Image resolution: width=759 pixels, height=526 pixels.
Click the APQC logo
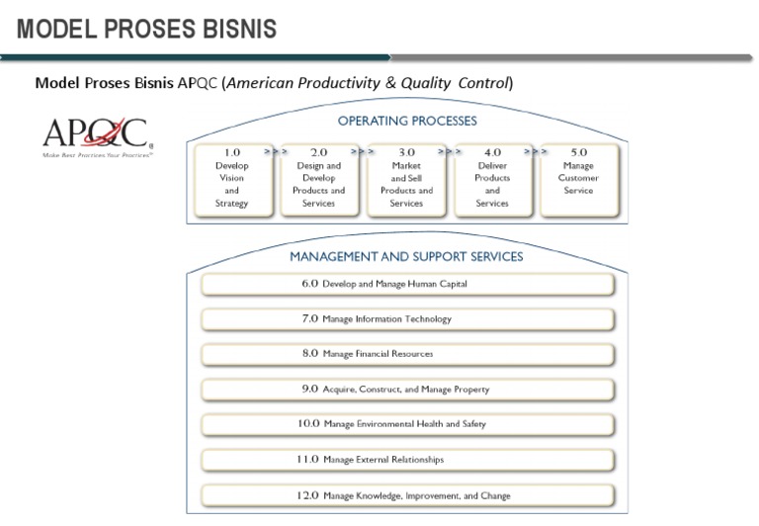point(95,137)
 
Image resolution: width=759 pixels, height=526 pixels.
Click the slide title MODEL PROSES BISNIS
point(146,29)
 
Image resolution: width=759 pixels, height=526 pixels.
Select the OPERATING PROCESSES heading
point(406,122)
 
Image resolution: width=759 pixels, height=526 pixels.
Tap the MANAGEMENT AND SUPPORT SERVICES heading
point(406,256)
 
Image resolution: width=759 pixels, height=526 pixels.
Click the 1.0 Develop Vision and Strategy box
point(231,181)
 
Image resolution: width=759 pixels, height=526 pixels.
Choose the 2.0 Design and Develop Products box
point(318,181)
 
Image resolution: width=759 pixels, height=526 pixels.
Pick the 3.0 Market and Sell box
point(406,181)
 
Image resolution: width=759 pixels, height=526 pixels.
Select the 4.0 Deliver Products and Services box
point(492,181)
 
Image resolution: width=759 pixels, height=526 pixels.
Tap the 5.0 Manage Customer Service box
point(578,181)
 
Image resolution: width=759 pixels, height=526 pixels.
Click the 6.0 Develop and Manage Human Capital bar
point(406,284)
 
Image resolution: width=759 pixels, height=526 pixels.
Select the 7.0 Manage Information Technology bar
point(406,319)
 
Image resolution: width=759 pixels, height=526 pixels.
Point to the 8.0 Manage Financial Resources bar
point(406,354)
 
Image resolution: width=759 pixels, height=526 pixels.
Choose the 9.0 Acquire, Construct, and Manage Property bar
point(406,390)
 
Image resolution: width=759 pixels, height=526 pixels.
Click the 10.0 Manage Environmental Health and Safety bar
point(406,424)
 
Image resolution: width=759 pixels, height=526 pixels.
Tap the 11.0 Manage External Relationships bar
point(406,460)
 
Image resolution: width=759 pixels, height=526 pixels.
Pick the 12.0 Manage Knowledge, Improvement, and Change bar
point(406,495)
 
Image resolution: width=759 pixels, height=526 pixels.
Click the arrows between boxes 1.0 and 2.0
point(275,152)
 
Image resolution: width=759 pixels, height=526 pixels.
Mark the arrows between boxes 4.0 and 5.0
point(536,152)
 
